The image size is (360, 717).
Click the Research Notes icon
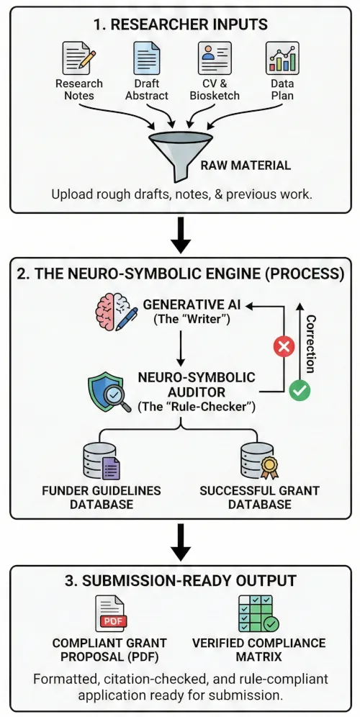point(78,57)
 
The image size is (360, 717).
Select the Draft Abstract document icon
point(147,57)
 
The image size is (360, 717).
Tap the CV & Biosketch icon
point(214,57)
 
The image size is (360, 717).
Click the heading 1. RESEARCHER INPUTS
point(180,24)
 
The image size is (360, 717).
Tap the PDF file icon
point(111,614)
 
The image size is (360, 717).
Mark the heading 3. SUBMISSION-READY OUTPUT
point(180,580)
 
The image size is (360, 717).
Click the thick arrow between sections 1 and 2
point(181,235)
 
